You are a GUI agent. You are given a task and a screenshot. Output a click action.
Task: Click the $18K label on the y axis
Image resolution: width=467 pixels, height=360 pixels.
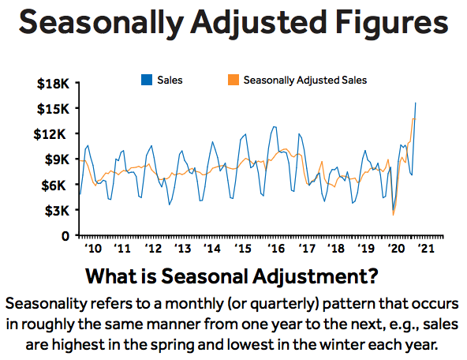coord(53,84)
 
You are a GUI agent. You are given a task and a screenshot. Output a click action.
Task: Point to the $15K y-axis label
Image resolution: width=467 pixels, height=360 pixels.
coord(53,109)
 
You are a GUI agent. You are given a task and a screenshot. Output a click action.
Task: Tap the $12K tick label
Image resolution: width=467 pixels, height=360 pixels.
coord(50,134)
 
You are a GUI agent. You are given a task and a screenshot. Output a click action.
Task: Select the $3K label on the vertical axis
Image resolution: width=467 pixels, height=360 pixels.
coord(57,211)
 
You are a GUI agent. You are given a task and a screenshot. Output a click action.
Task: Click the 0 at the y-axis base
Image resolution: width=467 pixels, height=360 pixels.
coord(65,236)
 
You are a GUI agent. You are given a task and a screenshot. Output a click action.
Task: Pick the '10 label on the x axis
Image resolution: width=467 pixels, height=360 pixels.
coord(93,248)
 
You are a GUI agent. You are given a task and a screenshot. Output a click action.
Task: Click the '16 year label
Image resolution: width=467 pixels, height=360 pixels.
coord(276,248)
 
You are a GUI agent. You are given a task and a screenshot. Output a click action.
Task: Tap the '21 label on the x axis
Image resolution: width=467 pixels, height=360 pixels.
coord(427,248)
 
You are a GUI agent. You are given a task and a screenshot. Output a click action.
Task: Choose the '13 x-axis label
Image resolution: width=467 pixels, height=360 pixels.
coord(182,248)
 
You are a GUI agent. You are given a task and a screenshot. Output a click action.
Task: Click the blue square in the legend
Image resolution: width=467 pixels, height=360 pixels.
coord(147,80)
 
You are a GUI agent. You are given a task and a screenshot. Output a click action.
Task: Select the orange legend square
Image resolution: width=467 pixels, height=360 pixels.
coord(233,80)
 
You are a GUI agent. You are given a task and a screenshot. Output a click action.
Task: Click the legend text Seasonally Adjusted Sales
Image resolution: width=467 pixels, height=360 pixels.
coord(305,81)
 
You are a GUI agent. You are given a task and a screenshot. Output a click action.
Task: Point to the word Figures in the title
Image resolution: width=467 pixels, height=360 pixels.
coord(391,23)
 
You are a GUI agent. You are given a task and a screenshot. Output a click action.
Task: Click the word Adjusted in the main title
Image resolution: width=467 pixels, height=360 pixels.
coord(259,23)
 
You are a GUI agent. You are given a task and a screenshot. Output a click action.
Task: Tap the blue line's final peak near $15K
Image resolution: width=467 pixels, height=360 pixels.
coord(416,103)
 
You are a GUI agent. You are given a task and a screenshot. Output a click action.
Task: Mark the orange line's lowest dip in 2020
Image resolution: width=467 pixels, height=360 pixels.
coord(393,215)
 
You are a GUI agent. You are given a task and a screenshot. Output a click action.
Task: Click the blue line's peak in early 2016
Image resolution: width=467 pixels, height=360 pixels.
coord(275,127)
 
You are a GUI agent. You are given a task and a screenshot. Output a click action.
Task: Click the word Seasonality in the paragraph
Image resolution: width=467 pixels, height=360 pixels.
coord(46,304)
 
